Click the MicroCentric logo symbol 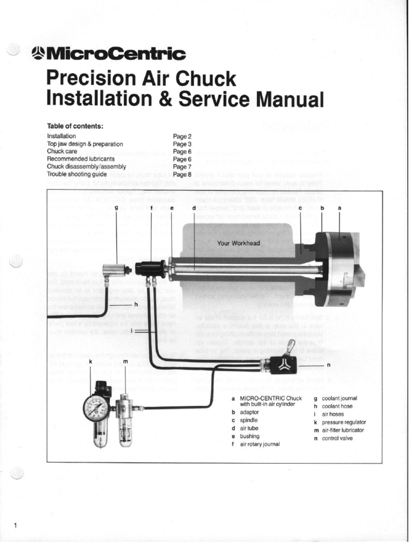(39, 53)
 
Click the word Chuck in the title (207, 79)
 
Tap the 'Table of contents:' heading (75, 126)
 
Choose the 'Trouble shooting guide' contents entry (77, 174)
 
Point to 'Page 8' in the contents (182, 174)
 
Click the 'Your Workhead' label (238, 243)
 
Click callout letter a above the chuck (339, 207)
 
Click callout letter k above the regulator (91, 362)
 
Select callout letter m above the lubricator (125, 362)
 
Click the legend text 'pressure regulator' (344, 422)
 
